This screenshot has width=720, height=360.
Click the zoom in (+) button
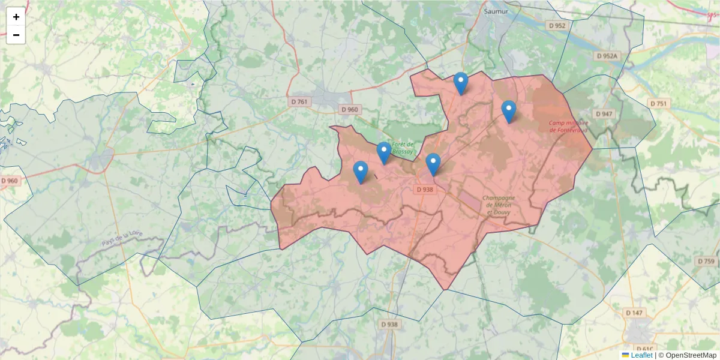click(16, 17)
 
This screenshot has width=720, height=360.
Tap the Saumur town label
click(495, 11)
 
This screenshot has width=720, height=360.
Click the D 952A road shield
click(607, 56)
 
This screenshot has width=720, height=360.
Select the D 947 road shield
click(604, 114)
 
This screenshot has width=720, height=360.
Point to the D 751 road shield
click(658, 104)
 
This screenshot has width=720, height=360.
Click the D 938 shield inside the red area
click(424, 190)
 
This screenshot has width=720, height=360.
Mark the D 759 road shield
click(706, 261)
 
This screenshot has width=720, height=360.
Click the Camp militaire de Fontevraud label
click(568, 126)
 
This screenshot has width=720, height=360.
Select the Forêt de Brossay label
click(403, 148)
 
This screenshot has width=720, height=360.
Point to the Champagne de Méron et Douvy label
click(499, 205)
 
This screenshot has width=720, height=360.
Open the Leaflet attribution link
click(641, 355)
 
